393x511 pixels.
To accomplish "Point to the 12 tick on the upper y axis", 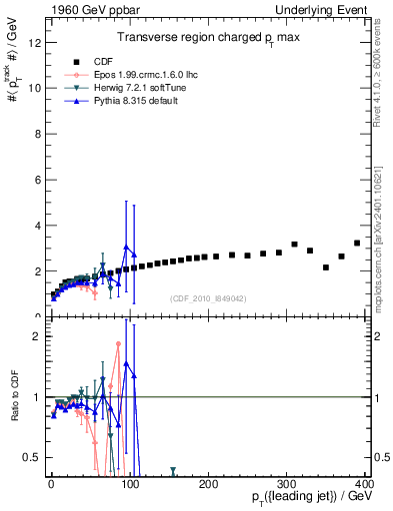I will [35, 42].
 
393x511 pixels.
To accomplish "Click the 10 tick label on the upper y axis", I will [35, 88].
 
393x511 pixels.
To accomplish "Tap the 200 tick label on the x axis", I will [208, 483].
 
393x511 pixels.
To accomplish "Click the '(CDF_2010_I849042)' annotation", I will [208, 298].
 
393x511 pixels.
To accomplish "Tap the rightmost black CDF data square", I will [357, 243].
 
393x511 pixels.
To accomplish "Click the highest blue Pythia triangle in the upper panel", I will [126, 247].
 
